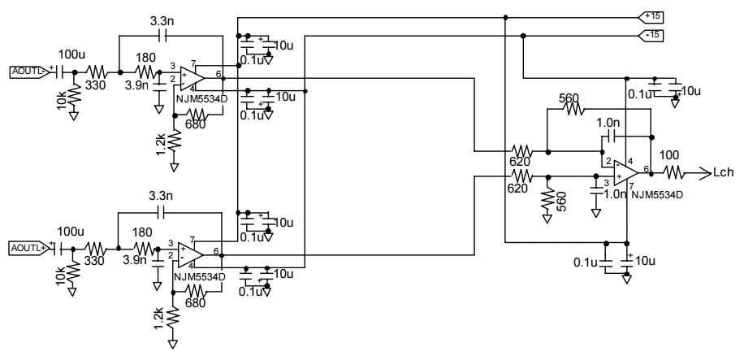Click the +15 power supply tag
coord(651,17)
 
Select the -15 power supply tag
coord(651,36)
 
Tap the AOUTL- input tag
coord(29,72)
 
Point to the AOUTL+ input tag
coord(29,248)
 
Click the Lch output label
coord(724,173)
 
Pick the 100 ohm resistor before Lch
coord(674,174)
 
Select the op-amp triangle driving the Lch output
coord(626,173)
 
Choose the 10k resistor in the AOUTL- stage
coord(74,97)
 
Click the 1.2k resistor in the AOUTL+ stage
coord(174,320)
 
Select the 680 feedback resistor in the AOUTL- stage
coord(197,115)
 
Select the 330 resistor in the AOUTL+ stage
coord(97,248)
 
